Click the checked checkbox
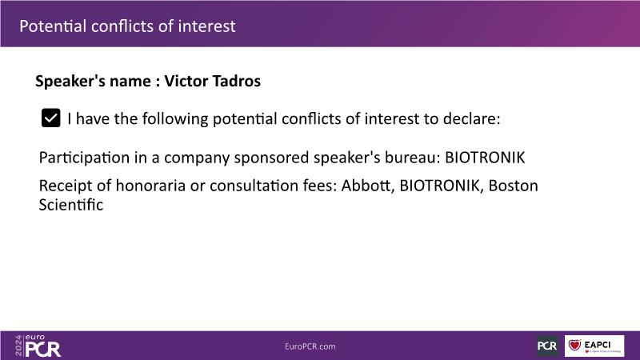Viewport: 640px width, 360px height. [50, 118]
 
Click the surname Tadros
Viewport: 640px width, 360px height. [236, 81]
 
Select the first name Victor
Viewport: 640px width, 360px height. [186, 81]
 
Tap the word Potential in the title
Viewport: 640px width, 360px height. [53, 26]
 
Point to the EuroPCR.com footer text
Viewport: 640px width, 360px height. [310, 346]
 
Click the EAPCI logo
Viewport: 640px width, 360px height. [594, 346]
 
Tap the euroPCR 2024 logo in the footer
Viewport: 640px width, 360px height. [38, 346]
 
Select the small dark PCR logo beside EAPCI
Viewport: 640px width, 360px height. [547, 346]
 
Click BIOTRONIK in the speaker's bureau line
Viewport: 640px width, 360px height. [485, 158]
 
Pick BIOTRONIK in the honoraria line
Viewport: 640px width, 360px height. [439, 186]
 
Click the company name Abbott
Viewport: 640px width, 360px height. [368, 186]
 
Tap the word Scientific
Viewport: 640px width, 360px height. [71, 205]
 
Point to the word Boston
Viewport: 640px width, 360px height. [513, 186]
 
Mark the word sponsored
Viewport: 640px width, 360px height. [271, 158]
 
